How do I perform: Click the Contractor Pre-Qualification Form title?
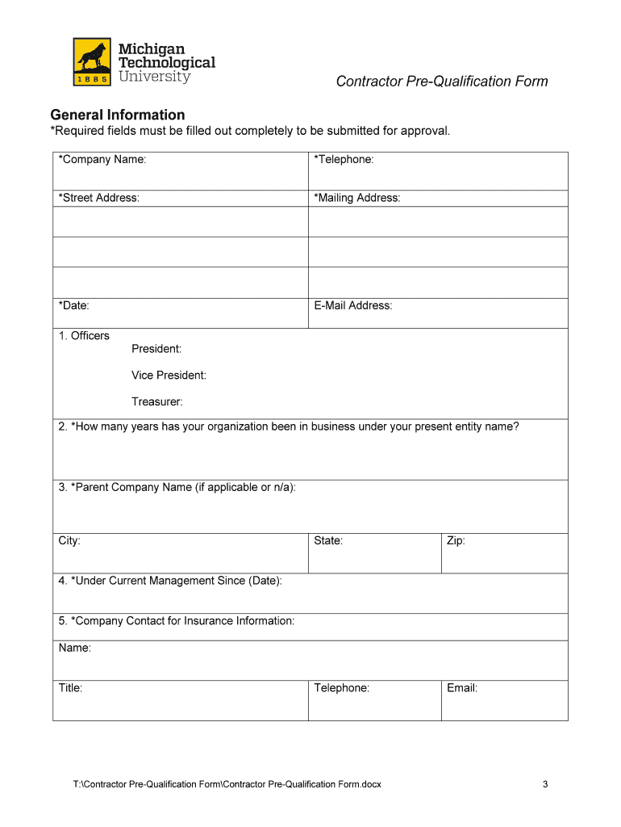(442, 82)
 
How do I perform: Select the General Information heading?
(118, 115)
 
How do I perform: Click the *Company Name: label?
(102, 160)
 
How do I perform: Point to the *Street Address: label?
(98, 198)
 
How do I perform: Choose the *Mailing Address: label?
(357, 198)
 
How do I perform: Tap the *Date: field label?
(73, 306)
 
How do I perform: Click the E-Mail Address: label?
(353, 306)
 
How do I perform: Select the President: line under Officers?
(156, 349)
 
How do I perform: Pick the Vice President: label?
(169, 376)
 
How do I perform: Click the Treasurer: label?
(157, 401)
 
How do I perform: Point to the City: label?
(69, 541)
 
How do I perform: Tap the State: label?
(328, 541)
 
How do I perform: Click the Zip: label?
(456, 541)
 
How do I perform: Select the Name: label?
(75, 649)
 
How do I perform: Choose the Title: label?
(70, 689)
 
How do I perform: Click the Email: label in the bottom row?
(462, 689)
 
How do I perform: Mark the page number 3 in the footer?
(545, 784)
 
